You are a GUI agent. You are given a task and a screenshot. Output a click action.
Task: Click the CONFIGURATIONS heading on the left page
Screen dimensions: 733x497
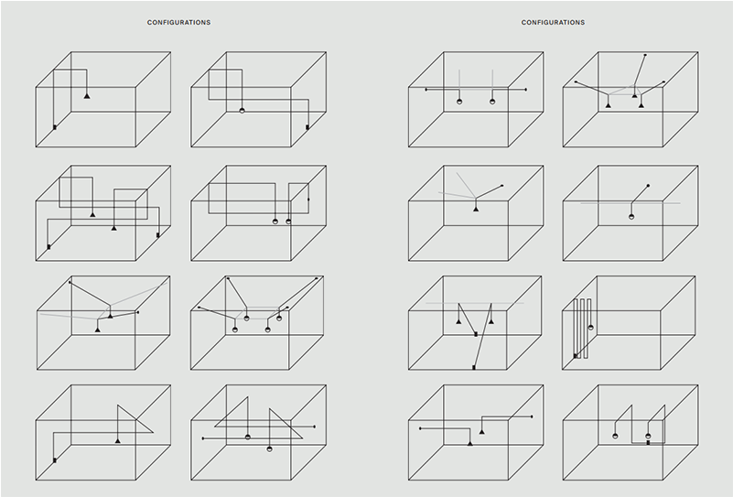point(178,23)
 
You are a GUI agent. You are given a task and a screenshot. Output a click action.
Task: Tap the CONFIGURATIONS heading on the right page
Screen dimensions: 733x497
point(553,23)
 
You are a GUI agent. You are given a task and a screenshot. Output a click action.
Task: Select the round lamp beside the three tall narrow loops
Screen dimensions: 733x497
point(591,328)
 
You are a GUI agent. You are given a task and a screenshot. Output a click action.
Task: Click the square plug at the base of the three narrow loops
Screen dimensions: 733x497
point(576,356)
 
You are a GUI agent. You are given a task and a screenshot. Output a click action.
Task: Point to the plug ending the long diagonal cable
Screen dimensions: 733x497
point(474,368)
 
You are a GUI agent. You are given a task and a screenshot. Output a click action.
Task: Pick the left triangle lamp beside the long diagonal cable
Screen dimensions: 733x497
point(458,321)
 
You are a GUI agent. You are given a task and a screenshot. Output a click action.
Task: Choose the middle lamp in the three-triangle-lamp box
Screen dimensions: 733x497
point(634,96)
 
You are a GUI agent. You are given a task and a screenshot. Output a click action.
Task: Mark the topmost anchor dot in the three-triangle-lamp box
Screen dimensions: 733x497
point(645,55)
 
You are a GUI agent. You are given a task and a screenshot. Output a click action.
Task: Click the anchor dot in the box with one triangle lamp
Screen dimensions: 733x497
point(502,186)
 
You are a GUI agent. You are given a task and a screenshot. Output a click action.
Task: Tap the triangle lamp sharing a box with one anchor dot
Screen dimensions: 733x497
point(476,209)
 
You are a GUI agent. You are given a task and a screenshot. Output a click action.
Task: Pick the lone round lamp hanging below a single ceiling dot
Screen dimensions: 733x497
point(631,217)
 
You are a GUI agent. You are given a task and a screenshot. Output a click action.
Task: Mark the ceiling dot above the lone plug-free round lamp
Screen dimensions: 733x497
point(648,186)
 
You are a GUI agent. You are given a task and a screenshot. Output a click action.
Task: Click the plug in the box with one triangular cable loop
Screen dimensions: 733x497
point(55,460)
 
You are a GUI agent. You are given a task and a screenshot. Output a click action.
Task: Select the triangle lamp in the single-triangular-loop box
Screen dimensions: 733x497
point(117,440)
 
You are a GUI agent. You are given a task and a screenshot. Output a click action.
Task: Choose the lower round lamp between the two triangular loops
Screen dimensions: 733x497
point(269,448)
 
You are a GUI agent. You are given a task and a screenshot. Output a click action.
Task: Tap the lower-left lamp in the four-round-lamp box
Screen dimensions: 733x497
point(235,330)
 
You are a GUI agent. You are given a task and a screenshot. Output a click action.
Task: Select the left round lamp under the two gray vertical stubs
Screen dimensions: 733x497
point(459,102)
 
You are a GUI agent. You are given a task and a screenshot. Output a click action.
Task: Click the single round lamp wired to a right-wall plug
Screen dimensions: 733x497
point(242,111)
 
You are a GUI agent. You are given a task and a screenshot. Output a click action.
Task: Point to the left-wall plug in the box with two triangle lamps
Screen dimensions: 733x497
point(49,247)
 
